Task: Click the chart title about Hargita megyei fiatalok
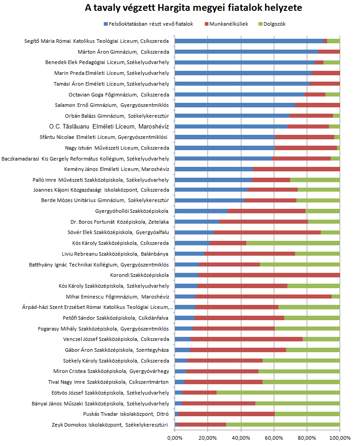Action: (180, 8)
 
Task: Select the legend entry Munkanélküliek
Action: (229, 24)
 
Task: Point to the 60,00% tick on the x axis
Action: (274, 437)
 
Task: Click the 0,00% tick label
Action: (175, 437)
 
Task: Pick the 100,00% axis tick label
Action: (339, 437)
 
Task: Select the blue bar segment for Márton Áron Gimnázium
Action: (246, 52)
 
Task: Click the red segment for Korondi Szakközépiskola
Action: (269, 275)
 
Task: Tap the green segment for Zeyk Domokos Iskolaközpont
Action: (283, 424)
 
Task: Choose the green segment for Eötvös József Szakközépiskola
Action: (278, 392)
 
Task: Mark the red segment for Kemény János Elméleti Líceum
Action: (296, 169)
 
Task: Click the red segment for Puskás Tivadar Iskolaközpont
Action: (226, 414)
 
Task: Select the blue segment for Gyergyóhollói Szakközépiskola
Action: (201, 211)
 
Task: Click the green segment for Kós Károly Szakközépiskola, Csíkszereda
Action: (293, 243)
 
